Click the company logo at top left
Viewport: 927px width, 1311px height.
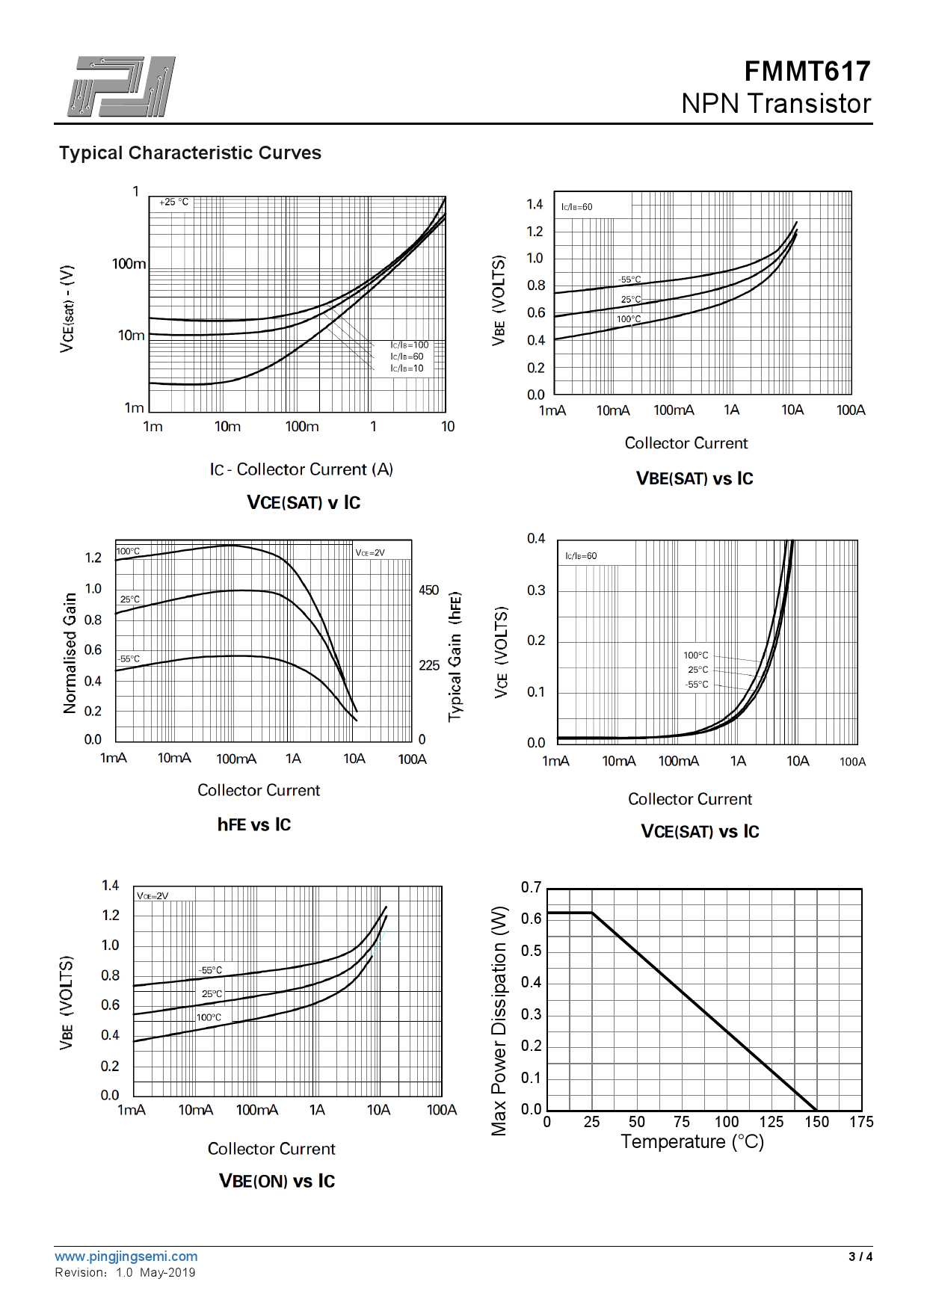coord(122,86)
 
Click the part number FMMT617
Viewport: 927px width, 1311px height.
coord(807,72)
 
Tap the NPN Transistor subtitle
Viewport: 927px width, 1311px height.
coord(776,104)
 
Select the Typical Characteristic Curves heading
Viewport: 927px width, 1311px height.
coord(190,153)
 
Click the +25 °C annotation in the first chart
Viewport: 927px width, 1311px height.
coord(173,202)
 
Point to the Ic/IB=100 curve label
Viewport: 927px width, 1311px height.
coord(410,345)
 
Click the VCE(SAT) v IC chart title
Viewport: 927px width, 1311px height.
coord(304,502)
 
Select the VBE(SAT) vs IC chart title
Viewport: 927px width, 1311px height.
coord(695,478)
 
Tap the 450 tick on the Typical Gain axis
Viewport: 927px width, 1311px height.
coord(428,590)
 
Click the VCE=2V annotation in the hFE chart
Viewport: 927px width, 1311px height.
coord(370,553)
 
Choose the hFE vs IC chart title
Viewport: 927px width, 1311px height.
coord(254,824)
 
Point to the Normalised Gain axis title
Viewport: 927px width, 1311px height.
coord(70,653)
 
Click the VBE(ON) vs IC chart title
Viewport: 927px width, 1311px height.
coord(277,1181)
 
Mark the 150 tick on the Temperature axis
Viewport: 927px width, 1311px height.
coord(816,1122)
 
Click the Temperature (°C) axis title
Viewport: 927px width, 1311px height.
coord(692,1142)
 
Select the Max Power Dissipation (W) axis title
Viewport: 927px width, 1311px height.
coord(499,1021)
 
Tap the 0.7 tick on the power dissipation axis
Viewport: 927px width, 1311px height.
coord(531,887)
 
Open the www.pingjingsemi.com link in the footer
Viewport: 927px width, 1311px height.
coord(126,1256)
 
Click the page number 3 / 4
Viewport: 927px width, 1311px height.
coord(860,1256)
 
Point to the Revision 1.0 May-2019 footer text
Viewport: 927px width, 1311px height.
coord(125,1272)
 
